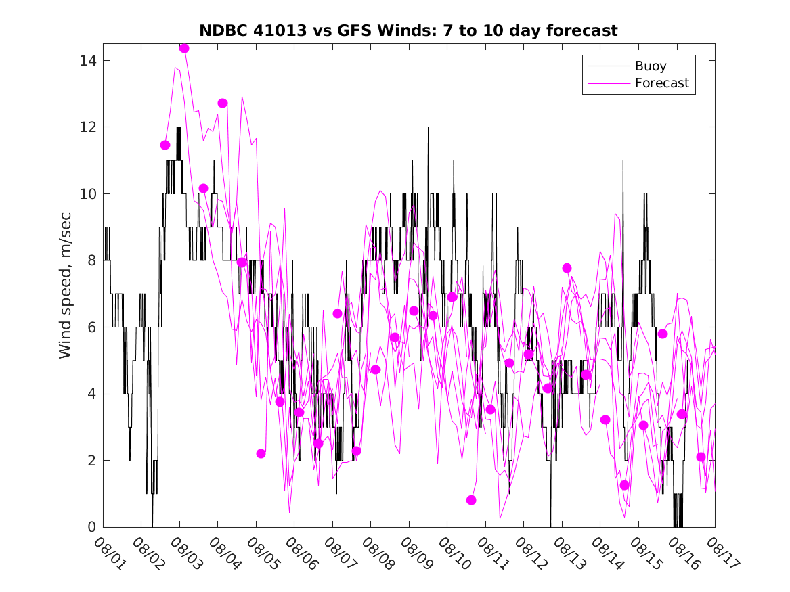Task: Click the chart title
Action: tap(408, 30)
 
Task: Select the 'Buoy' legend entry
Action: tap(650, 66)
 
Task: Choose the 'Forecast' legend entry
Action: tap(661, 83)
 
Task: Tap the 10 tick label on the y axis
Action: tap(87, 194)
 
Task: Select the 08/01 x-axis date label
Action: tap(108, 553)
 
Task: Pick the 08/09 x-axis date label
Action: tap(414, 553)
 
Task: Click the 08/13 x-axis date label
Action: tap(566, 553)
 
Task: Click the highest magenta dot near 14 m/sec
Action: tap(184, 48)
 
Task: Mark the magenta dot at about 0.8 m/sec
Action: tap(471, 500)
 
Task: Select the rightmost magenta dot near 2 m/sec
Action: tap(701, 457)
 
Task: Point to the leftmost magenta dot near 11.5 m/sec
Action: tap(165, 145)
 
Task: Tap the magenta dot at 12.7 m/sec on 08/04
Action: tap(222, 103)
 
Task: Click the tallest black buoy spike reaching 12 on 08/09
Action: tap(428, 129)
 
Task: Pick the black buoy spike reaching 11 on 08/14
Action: tap(623, 162)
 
